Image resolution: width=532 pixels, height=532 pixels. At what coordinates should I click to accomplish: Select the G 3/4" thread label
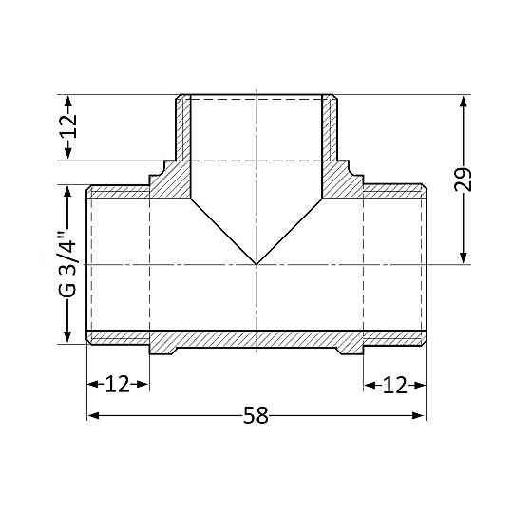click(67, 265)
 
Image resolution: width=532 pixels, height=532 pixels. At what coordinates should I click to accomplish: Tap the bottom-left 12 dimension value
click(117, 385)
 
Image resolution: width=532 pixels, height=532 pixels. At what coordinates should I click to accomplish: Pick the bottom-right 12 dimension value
click(395, 385)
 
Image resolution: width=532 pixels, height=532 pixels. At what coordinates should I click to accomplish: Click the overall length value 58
click(256, 416)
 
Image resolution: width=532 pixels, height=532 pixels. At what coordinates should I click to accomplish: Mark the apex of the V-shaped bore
click(256, 263)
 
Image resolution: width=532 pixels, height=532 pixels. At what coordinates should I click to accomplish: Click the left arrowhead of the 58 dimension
click(93, 416)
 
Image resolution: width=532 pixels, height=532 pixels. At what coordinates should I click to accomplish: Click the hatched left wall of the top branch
click(183, 128)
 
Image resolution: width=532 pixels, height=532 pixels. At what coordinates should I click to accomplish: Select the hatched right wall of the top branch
click(330, 128)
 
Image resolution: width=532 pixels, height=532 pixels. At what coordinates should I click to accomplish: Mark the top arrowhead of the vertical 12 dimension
click(67, 101)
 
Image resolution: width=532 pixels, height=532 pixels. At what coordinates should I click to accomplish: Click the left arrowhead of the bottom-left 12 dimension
click(93, 385)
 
